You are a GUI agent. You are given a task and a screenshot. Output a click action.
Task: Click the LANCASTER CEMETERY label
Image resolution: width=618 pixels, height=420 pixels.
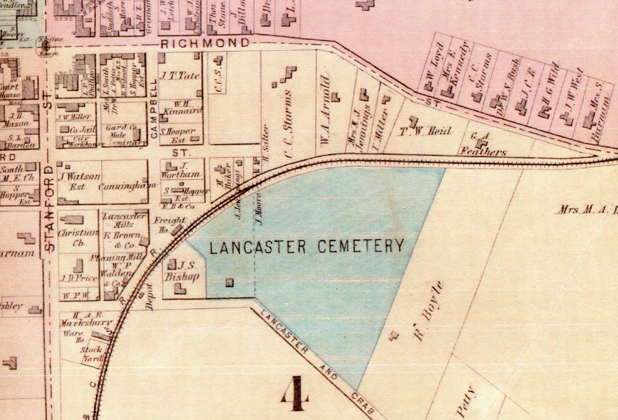(x=306, y=246)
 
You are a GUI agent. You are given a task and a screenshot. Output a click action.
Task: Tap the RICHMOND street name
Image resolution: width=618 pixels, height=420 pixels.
(x=205, y=44)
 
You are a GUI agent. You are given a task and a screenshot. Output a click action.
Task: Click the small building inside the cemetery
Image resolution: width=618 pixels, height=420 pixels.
(x=230, y=282)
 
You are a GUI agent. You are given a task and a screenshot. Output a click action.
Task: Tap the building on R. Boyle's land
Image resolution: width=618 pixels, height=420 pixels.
(x=394, y=336)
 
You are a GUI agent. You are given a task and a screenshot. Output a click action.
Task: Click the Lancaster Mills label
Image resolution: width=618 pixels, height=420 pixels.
(x=125, y=220)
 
